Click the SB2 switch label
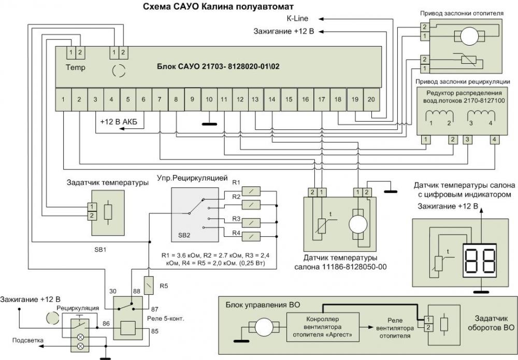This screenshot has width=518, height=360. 183,235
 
